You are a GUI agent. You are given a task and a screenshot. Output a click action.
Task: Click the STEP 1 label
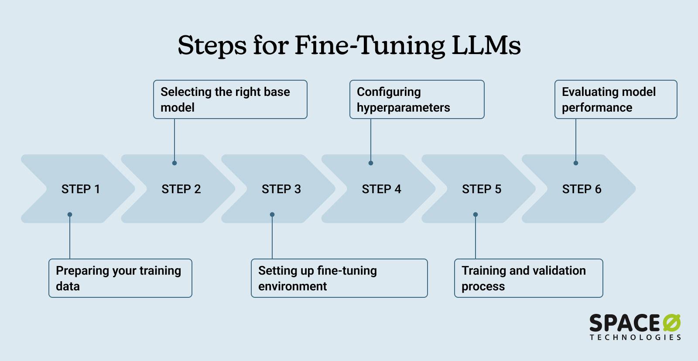81,189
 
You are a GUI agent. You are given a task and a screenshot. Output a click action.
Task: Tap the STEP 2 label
181,189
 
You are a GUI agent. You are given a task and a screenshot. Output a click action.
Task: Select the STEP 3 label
281,189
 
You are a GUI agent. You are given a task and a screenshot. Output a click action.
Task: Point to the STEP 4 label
381,189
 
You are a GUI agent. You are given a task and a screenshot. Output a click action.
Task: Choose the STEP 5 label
482,189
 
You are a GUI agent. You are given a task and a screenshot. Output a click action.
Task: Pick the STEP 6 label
582,189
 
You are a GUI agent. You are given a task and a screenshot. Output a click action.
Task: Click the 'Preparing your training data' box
120,278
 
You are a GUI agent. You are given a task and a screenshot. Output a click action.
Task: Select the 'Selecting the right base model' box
230,99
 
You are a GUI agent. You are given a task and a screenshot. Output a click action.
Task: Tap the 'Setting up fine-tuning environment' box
339,278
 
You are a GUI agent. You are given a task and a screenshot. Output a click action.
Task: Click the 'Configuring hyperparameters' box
417,99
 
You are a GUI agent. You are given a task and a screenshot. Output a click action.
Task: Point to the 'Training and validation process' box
529,278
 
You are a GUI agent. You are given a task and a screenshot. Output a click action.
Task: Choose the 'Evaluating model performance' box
616,99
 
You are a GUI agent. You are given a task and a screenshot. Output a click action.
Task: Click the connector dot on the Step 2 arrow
174,163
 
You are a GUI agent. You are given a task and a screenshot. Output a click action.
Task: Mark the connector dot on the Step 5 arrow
476,215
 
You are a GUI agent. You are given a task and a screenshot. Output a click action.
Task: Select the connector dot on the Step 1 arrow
70,215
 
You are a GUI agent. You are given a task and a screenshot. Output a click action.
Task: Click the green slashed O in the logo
672,324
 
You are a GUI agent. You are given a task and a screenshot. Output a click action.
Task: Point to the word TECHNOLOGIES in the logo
635,337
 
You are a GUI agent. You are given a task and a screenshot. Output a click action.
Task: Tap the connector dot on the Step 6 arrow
576,163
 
